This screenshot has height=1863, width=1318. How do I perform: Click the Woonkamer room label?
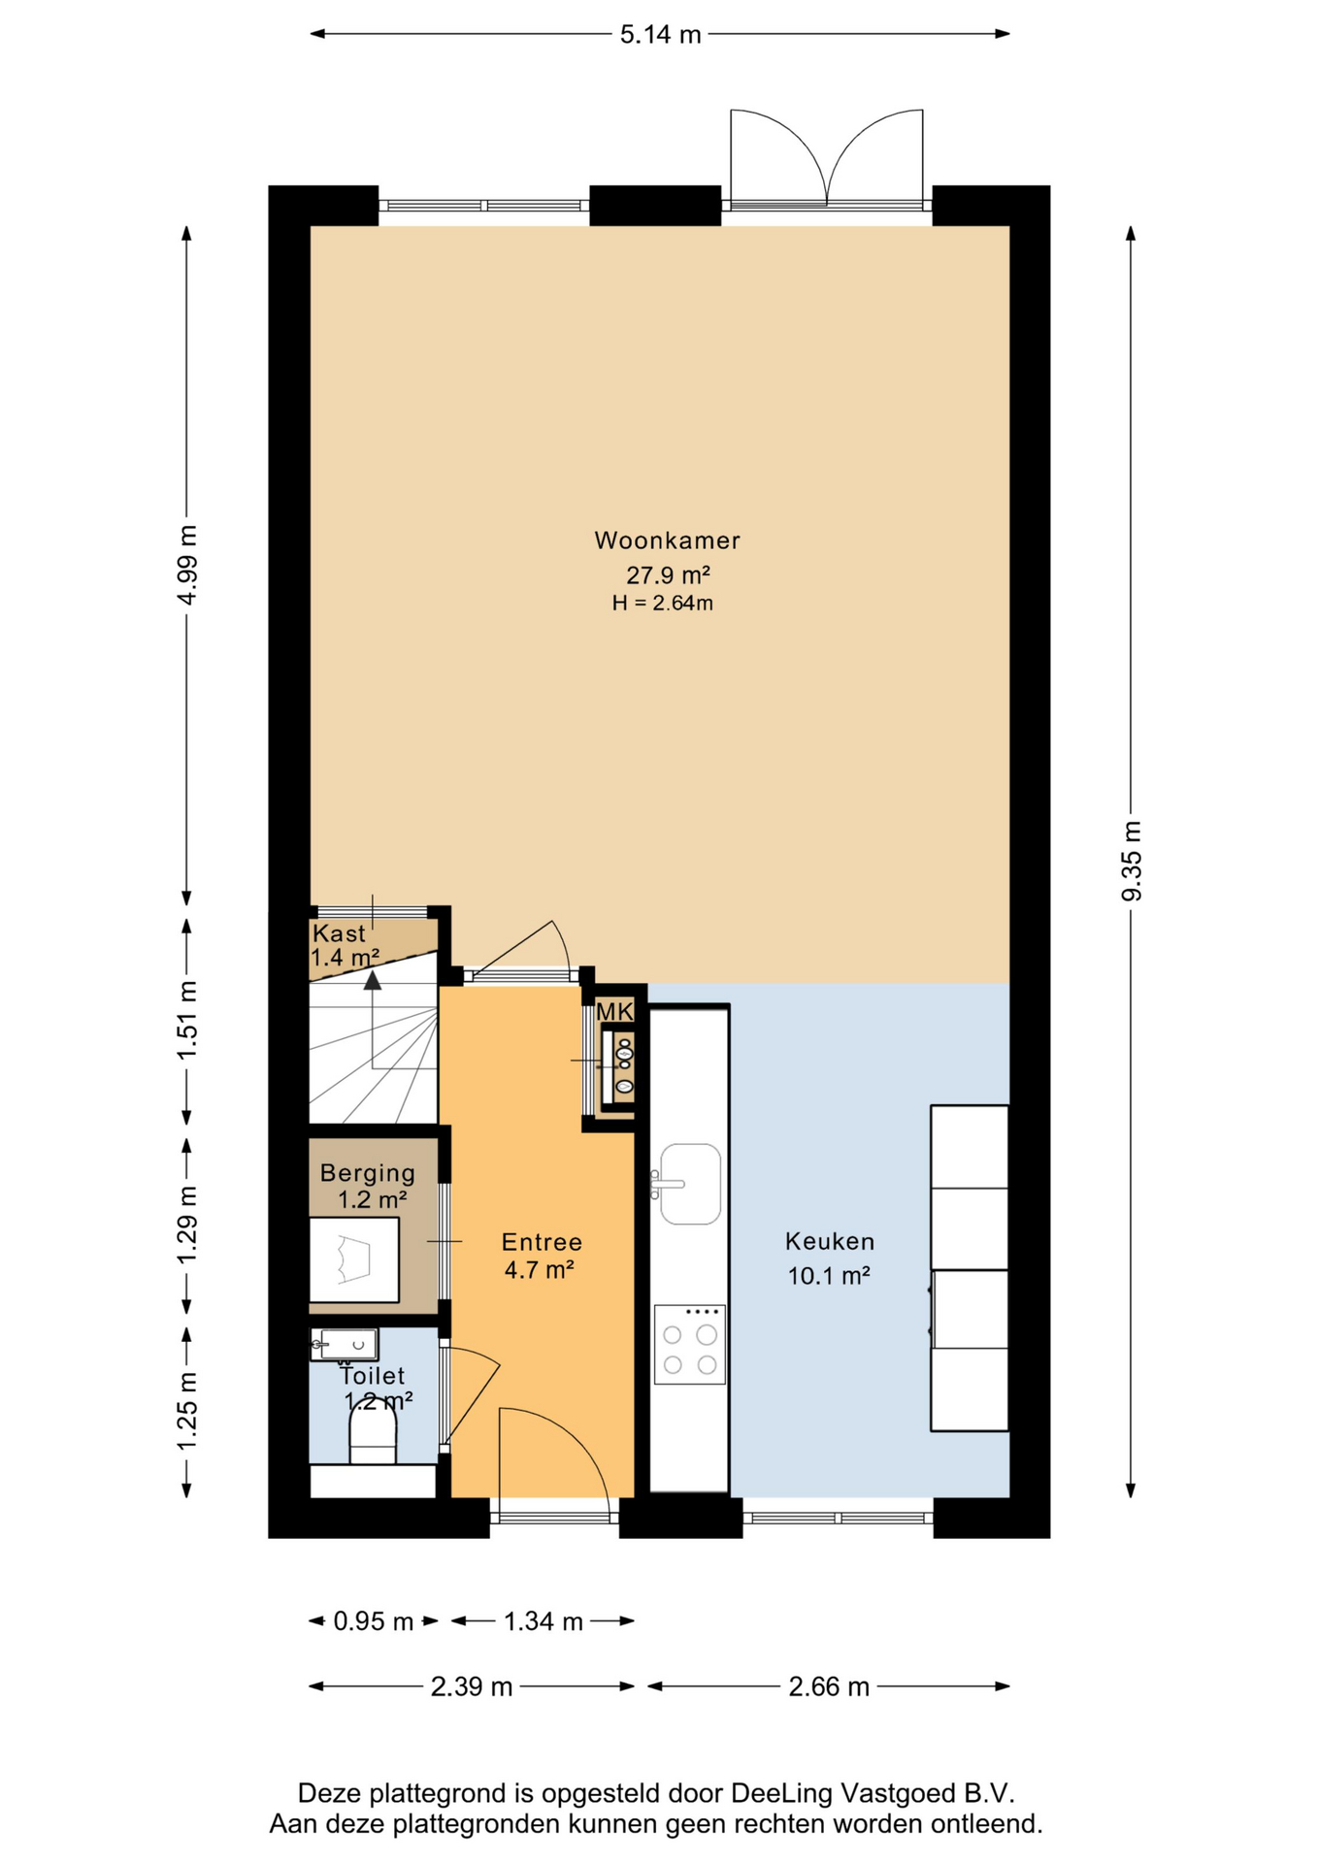(x=667, y=540)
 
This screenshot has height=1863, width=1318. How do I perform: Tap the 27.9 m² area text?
(x=668, y=574)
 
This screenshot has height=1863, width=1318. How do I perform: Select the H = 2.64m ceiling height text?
(x=662, y=604)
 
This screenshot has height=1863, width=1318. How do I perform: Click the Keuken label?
(x=830, y=1241)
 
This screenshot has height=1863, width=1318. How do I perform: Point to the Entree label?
(x=542, y=1242)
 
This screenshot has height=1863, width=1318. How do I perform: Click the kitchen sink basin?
(x=690, y=1184)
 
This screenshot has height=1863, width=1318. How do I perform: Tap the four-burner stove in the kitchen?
(x=690, y=1344)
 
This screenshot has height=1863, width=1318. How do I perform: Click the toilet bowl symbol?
(x=373, y=1433)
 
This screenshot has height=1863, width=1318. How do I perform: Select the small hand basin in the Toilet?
(x=345, y=1345)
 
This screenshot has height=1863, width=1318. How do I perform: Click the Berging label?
(x=368, y=1173)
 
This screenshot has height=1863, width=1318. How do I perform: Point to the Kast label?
(x=339, y=933)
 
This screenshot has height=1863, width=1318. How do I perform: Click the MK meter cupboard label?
(x=614, y=1012)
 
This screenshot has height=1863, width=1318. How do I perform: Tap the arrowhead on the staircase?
(x=373, y=980)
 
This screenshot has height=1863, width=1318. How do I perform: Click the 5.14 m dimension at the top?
(x=660, y=35)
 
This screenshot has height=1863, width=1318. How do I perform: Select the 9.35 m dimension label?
(x=1132, y=861)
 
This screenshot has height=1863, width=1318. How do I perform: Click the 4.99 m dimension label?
(x=187, y=565)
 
